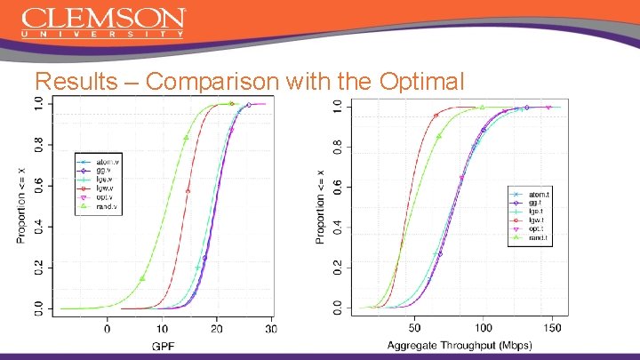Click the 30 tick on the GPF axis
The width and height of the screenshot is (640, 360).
pos(271,329)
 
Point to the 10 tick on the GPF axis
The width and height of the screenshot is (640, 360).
pos(162,329)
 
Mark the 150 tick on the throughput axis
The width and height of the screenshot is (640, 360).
pos(551,329)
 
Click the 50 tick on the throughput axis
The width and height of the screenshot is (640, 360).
pos(413,329)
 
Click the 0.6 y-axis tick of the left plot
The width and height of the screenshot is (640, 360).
pos(36,185)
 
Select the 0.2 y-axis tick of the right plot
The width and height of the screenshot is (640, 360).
pos(337,267)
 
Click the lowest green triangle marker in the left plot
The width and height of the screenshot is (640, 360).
pos(142,278)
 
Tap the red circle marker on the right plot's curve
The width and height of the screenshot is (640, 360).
pos(436,116)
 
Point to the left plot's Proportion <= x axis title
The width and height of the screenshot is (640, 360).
pos(21,204)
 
